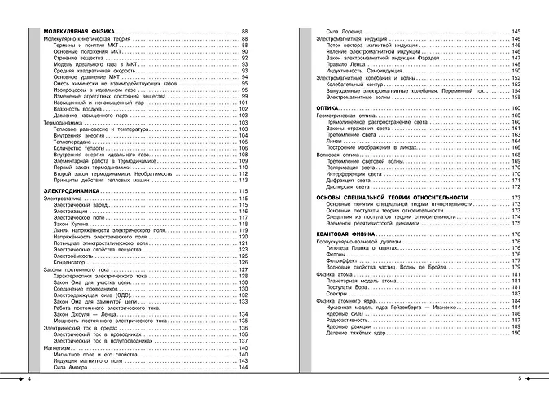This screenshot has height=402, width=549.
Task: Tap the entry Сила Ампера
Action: [x=72, y=369]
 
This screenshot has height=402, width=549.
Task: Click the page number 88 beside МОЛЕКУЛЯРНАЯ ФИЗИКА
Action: [x=244, y=30]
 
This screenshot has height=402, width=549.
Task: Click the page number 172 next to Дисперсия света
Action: [x=516, y=186]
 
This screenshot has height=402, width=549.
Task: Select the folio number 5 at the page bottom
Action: [x=519, y=380]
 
